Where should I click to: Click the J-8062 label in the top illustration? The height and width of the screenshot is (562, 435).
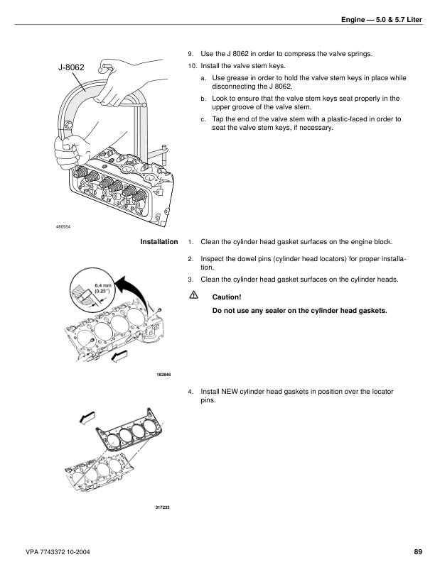[71, 68]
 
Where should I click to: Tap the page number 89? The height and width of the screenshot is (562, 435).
[417, 552]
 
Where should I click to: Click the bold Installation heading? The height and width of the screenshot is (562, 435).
[159, 243]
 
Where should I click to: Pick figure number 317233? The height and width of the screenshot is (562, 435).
[163, 507]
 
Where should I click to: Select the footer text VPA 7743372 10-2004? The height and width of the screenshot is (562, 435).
[57, 552]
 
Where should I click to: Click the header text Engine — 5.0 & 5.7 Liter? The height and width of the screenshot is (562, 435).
[382, 29]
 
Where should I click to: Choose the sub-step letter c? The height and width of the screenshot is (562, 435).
[203, 119]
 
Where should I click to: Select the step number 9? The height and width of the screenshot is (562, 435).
[190, 54]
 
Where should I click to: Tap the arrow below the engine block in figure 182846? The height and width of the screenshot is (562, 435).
[120, 353]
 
